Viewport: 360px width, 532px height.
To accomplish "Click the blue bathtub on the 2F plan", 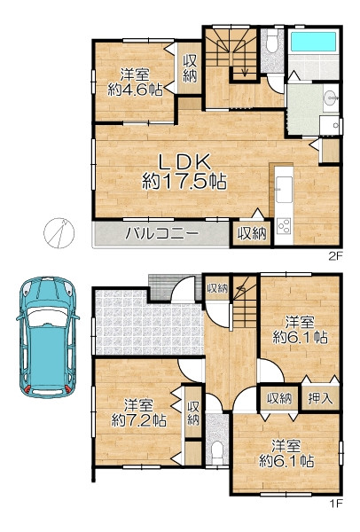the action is click(314, 42).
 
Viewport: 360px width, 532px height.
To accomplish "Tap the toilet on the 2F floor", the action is click(272, 44).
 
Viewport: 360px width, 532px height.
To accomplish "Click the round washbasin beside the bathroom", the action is click(330, 98).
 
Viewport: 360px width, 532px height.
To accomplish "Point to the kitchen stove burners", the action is click(284, 225).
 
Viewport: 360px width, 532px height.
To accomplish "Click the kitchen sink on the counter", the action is click(284, 189).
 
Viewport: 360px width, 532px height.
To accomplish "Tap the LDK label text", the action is click(185, 163).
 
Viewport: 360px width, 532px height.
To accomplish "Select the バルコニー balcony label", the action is click(161, 234).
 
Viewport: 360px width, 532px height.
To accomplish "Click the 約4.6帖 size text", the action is click(135, 90).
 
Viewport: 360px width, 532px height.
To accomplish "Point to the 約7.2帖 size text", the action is click(138, 420).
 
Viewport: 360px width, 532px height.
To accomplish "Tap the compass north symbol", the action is click(59, 232).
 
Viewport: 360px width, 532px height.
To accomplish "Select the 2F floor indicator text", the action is click(335, 256).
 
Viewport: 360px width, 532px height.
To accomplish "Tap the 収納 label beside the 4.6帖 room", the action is click(190, 68).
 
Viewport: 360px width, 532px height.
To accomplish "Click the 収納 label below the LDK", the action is click(252, 234).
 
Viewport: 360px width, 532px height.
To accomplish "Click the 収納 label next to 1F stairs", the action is click(217, 288).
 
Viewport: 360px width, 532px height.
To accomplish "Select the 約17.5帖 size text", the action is click(184, 181).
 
